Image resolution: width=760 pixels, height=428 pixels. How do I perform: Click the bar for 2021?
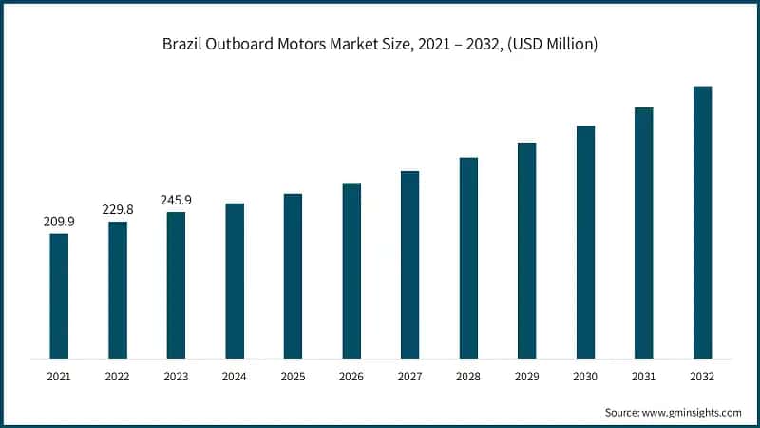click(59, 296)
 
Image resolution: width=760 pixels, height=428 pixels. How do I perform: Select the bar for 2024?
click(235, 281)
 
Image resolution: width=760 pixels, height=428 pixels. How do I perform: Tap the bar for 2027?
click(409, 264)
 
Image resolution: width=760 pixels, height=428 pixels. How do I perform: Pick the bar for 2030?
click(585, 242)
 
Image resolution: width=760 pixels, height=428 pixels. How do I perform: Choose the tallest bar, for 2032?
click(702, 223)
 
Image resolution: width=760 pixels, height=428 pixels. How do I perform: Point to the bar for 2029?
click(526, 250)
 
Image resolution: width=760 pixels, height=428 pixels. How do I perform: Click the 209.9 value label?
click(59, 222)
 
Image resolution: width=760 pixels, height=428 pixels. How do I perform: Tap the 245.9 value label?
click(176, 200)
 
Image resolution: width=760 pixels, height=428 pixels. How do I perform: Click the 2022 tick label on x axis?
click(117, 377)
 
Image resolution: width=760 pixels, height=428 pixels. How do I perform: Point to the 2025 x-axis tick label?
click(293, 377)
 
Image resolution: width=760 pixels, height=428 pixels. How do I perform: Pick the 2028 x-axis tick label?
click(468, 377)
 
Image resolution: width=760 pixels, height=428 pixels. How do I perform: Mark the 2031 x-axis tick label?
click(643, 377)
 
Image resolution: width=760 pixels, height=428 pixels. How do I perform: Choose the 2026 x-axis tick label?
click(351, 377)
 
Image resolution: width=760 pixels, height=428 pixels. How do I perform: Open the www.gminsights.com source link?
click(692, 413)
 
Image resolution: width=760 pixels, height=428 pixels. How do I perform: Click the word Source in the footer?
click(621, 413)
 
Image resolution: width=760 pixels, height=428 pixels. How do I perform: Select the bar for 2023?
click(176, 285)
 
